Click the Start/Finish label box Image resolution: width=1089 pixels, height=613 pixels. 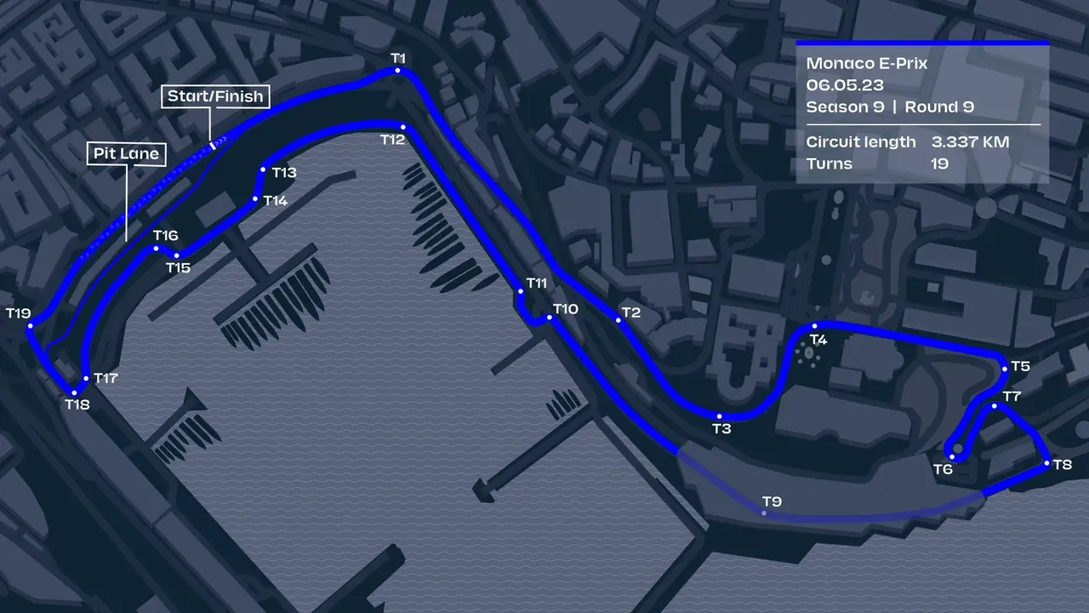[x=216, y=96]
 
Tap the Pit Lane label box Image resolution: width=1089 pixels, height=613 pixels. [x=126, y=154]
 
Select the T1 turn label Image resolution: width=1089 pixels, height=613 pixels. [x=398, y=57]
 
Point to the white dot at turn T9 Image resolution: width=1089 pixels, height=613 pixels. [x=765, y=513]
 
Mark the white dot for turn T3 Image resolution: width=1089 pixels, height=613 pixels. [x=720, y=416]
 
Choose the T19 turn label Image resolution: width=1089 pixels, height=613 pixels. [x=18, y=313]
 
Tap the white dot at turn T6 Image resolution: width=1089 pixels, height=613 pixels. [x=953, y=457]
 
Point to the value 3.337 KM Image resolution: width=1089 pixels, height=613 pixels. [x=970, y=141]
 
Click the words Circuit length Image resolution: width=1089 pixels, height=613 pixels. [x=861, y=141]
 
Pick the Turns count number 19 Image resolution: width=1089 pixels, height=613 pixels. [x=939, y=163]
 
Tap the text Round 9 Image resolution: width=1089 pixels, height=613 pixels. [x=939, y=107]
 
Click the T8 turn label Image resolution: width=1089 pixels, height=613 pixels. [x=1062, y=465]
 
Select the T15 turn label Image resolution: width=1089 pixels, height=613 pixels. [x=178, y=268]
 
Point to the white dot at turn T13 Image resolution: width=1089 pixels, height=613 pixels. [x=263, y=170]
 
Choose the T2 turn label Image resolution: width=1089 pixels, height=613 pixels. [x=630, y=312]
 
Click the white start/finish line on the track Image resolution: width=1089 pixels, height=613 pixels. [x=212, y=144]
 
